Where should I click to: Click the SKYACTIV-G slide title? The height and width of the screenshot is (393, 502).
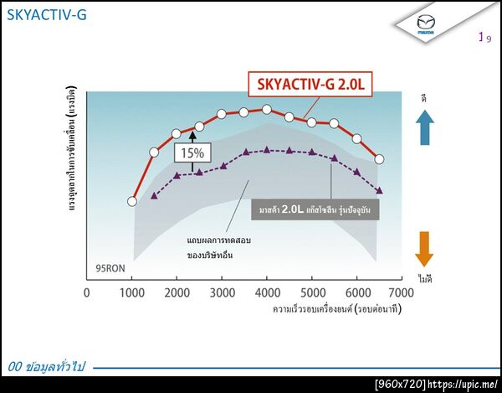coord(46,15)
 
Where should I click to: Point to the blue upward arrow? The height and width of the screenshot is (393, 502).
coord(424,129)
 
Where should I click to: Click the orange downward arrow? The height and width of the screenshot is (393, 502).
coord(424,250)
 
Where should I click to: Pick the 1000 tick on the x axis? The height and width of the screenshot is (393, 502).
coord(132,292)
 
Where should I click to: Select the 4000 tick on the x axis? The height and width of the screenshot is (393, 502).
coord(267,292)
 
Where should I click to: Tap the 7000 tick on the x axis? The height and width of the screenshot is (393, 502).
coord(402,292)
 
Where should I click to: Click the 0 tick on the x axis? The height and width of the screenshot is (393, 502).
coord(87,292)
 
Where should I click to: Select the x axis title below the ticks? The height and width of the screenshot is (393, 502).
coord(335,310)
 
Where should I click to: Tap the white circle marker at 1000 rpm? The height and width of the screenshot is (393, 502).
coord(132,201)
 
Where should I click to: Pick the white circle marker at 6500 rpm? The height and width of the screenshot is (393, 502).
coord(379,159)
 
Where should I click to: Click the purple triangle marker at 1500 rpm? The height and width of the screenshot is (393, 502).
coord(154,196)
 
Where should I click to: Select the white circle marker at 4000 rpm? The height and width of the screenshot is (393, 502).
coord(267,109)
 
